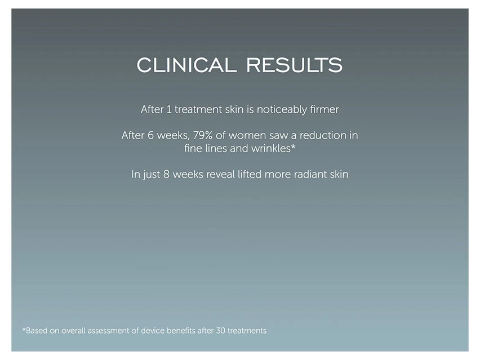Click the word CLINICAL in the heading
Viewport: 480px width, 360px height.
[186, 65]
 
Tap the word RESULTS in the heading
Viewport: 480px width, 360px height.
[295, 65]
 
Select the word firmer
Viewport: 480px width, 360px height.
[324, 109]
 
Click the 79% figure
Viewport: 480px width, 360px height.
[203, 135]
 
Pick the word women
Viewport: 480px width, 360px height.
[247, 136]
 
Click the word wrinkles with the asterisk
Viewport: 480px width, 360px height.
[273, 149]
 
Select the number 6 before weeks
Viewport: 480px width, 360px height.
[150, 135]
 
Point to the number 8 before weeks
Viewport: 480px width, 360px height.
[166, 174]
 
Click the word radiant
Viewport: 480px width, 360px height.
[310, 174]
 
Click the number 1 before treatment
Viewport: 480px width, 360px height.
[169, 109]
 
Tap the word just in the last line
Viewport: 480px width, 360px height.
[152, 175]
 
